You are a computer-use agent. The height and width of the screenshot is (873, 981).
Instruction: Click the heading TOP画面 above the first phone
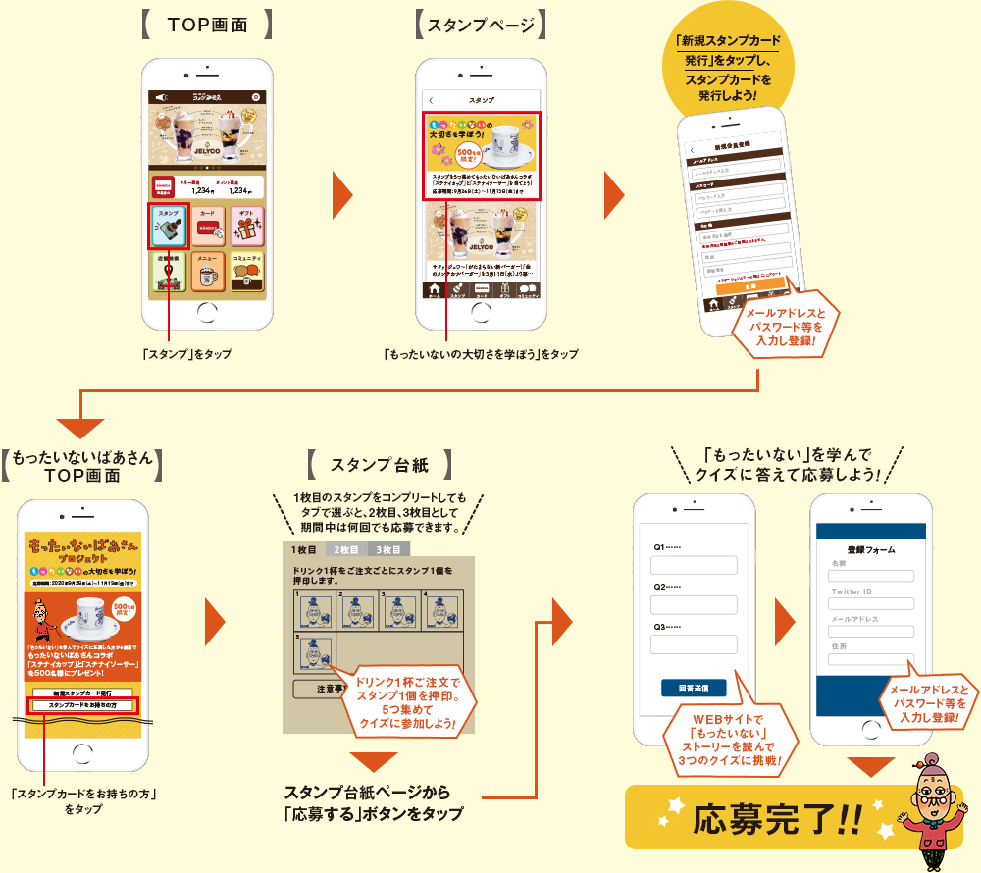(207, 25)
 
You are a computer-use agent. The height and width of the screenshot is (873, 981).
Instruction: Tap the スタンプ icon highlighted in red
(169, 227)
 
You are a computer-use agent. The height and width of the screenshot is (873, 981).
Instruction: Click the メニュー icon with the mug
(207, 273)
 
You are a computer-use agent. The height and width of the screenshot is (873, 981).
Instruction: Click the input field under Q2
(694, 605)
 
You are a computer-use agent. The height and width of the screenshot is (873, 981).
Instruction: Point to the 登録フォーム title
(869, 550)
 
